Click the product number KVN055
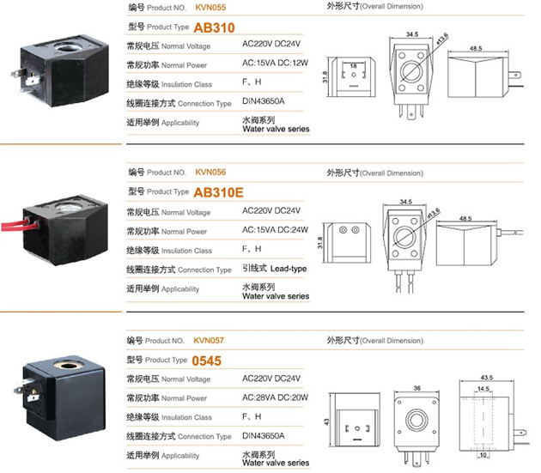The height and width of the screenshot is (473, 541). tap(210, 8)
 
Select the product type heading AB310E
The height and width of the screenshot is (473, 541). tap(218, 192)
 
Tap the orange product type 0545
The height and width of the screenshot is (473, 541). tap(206, 361)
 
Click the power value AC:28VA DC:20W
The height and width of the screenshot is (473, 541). tap(275, 397)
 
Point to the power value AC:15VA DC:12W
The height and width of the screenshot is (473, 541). tap(275, 63)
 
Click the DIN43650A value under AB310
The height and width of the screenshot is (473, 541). tap(264, 101)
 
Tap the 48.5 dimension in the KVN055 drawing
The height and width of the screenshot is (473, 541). tap(476, 48)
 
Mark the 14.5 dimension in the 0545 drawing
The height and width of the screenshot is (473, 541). tap(483, 389)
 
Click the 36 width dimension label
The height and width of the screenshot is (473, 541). tap(416, 388)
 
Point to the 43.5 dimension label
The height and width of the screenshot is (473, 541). tap(487, 378)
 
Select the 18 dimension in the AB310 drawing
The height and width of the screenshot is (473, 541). tap(353, 65)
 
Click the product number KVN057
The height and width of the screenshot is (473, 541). tap(209, 341)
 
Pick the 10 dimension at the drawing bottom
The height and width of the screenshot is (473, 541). tap(483, 455)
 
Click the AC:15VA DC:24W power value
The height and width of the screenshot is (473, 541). tap(275, 230)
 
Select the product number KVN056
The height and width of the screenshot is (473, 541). tap(210, 173)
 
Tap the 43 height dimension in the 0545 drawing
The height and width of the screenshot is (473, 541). tap(326, 421)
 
